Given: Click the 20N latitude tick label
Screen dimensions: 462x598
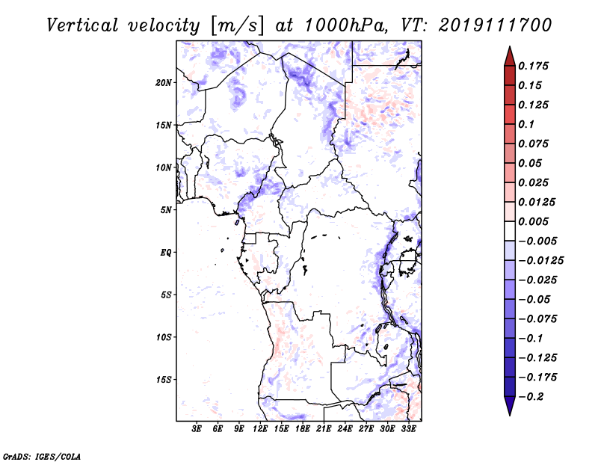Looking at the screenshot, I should tap(164, 82).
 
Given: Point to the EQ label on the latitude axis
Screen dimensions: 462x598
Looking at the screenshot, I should tap(165, 253).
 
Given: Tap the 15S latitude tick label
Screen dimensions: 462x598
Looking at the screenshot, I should tap(164, 380).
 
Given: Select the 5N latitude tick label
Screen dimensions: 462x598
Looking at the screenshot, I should tap(166, 210).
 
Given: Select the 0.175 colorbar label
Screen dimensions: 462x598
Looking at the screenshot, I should tap(534, 66).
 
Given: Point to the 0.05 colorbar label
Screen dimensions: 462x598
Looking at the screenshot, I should tap(531, 163).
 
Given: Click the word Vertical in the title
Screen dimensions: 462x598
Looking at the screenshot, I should tap(82, 25).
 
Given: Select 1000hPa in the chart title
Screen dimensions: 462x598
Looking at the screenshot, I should tap(343, 25).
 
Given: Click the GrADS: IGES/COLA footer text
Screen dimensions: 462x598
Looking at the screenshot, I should tap(42, 455).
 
